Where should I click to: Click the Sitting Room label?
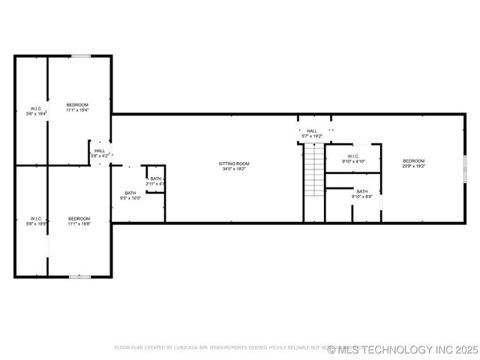(x=234, y=163)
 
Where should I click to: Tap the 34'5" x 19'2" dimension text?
(x=234, y=169)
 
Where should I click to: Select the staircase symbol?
(x=313, y=170)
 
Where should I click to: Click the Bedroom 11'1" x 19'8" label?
(x=79, y=220)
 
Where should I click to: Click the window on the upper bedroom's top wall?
(x=81, y=55)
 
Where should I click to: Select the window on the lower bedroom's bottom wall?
(x=79, y=277)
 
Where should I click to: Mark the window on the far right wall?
(x=464, y=166)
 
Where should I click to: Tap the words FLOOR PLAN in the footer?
(x=128, y=348)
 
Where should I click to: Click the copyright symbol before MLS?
(x=331, y=349)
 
